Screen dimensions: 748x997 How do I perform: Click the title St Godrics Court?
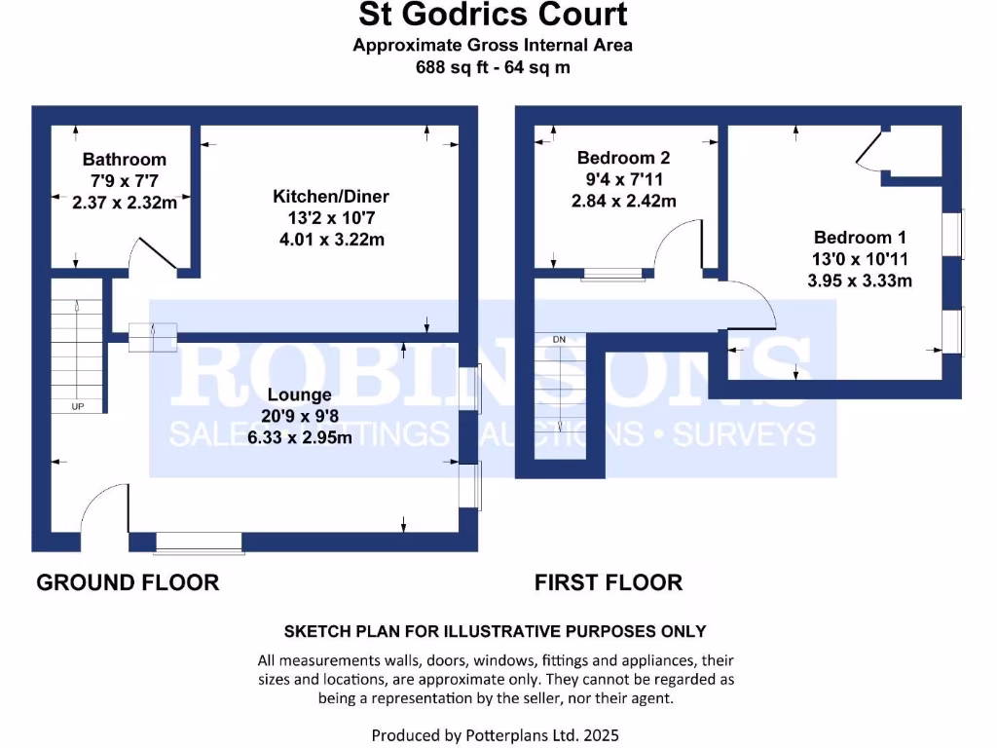(x=493, y=16)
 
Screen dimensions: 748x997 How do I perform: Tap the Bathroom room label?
(x=124, y=159)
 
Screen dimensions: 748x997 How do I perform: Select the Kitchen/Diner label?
(x=330, y=197)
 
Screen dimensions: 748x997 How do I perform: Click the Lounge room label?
(x=299, y=394)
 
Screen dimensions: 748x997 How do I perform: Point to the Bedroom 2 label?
(x=623, y=158)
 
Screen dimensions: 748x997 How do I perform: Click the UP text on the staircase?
(x=77, y=406)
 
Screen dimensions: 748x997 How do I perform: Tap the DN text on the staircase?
(x=559, y=339)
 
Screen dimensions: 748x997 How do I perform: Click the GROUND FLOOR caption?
(x=128, y=582)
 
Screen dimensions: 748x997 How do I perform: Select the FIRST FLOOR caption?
(x=608, y=582)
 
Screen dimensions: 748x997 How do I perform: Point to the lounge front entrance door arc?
(x=101, y=506)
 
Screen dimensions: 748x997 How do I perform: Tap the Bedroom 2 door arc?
(x=679, y=243)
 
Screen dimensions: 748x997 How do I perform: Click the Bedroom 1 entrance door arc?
(x=752, y=306)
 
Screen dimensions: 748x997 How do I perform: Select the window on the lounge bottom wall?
(x=199, y=542)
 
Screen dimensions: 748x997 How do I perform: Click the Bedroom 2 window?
(x=611, y=274)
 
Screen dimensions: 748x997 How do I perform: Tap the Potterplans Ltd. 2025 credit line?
(x=495, y=734)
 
